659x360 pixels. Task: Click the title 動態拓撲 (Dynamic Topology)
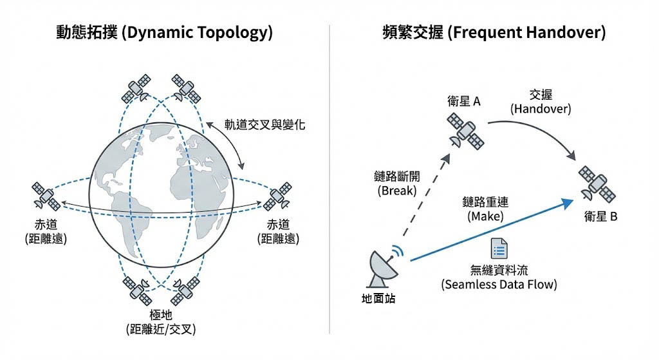[164, 33]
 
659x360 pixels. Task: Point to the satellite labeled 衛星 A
[466, 131]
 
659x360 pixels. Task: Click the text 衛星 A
[464, 102]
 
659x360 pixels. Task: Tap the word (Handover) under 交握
[541, 109]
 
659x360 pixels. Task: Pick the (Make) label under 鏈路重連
[485, 217]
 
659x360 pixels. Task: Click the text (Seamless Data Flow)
[499, 284]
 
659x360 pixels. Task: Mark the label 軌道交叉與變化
[265, 125]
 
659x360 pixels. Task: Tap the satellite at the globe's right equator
[278, 196]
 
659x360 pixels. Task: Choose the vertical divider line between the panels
[329, 180]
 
